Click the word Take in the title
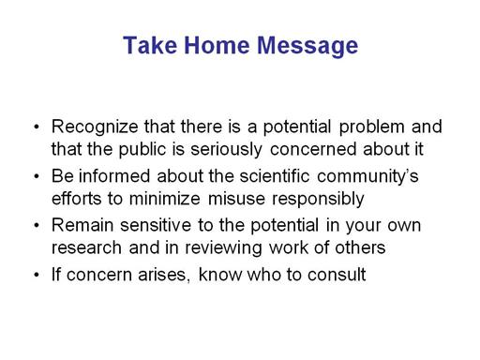point(150,45)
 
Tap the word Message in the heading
point(307,47)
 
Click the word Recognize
point(95,127)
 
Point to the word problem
point(371,127)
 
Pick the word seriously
point(226,150)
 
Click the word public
point(142,150)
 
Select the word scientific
point(275,176)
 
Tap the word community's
point(367,177)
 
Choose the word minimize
point(165,199)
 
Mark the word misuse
point(236,199)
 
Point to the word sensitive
point(156,225)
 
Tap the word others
point(360,247)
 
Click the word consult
point(337,275)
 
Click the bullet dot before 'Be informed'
point(37,176)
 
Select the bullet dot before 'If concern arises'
point(37,276)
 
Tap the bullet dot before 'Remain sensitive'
point(37,226)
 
